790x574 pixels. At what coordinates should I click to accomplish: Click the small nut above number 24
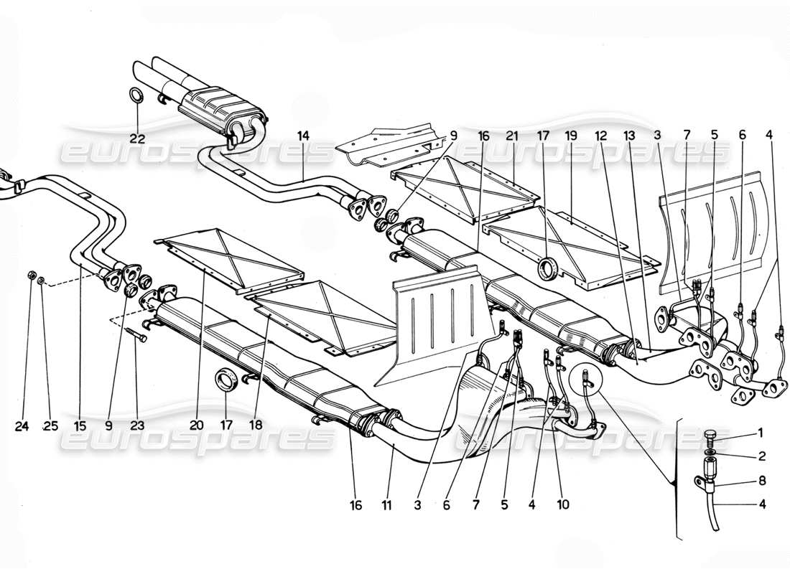(31, 275)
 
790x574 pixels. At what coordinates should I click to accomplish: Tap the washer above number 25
(42, 279)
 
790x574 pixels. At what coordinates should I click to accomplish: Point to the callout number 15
(79, 425)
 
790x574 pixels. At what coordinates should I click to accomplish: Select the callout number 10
(562, 504)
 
